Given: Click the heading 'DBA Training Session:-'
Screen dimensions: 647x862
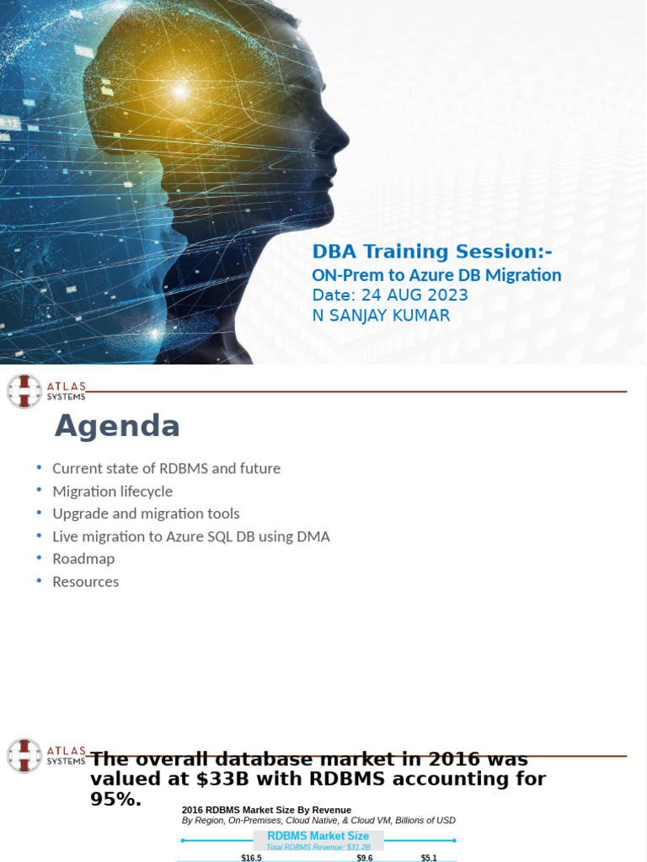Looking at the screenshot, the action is [x=432, y=251].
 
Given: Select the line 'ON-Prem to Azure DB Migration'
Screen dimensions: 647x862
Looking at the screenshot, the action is [x=436, y=275].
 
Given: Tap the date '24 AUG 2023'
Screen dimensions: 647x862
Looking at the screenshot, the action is [x=414, y=295].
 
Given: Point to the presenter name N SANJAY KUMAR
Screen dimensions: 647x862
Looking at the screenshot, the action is [x=381, y=316].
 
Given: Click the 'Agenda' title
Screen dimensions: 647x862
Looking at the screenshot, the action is [x=117, y=426].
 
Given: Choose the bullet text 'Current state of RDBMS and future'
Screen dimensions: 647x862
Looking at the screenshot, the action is [x=166, y=468].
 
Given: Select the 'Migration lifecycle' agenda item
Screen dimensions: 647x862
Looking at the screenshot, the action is [x=112, y=491].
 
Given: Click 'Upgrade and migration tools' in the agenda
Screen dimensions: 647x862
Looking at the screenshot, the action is [x=146, y=513].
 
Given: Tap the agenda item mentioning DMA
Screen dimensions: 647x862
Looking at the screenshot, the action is [x=191, y=536].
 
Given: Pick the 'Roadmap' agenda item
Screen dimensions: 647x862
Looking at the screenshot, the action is [x=83, y=559].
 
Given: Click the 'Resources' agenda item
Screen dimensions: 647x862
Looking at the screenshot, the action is [x=85, y=582].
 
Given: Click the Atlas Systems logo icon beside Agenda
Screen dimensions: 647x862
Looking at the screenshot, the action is [x=24, y=391].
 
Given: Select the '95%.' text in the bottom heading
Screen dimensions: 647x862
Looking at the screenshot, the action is [x=115, y=800].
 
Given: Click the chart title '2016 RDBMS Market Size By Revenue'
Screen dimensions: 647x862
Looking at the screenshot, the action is [x=266, y=810].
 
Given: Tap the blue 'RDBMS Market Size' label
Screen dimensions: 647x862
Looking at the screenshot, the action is [x=318, y=836].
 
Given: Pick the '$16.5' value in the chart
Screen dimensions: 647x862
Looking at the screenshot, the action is [x=251, y=858].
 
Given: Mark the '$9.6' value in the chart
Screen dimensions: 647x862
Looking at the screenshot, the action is [x=365, y=858].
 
